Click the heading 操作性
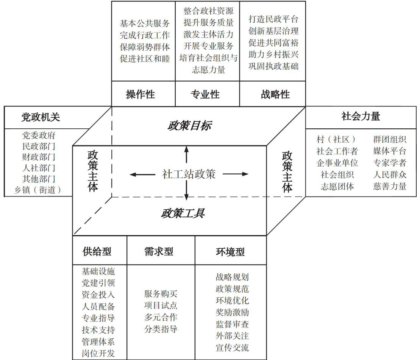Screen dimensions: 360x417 click(x=141, y=94)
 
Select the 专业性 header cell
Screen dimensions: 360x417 click(x=205, y=94)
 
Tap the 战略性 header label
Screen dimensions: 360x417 click(x=275, y=94)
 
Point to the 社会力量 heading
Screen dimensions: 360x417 click(x=361, y=117)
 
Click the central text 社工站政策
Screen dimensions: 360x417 click(x=189, y=174)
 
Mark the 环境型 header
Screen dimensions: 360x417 click(x=230, y=252)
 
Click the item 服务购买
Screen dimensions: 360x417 click(x=161, y=294)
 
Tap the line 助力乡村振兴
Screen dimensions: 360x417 click(x=273, y=55)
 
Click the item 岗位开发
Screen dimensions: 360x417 click(x=98, y=354)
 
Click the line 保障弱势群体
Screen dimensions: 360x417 click(x=145, y=47)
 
